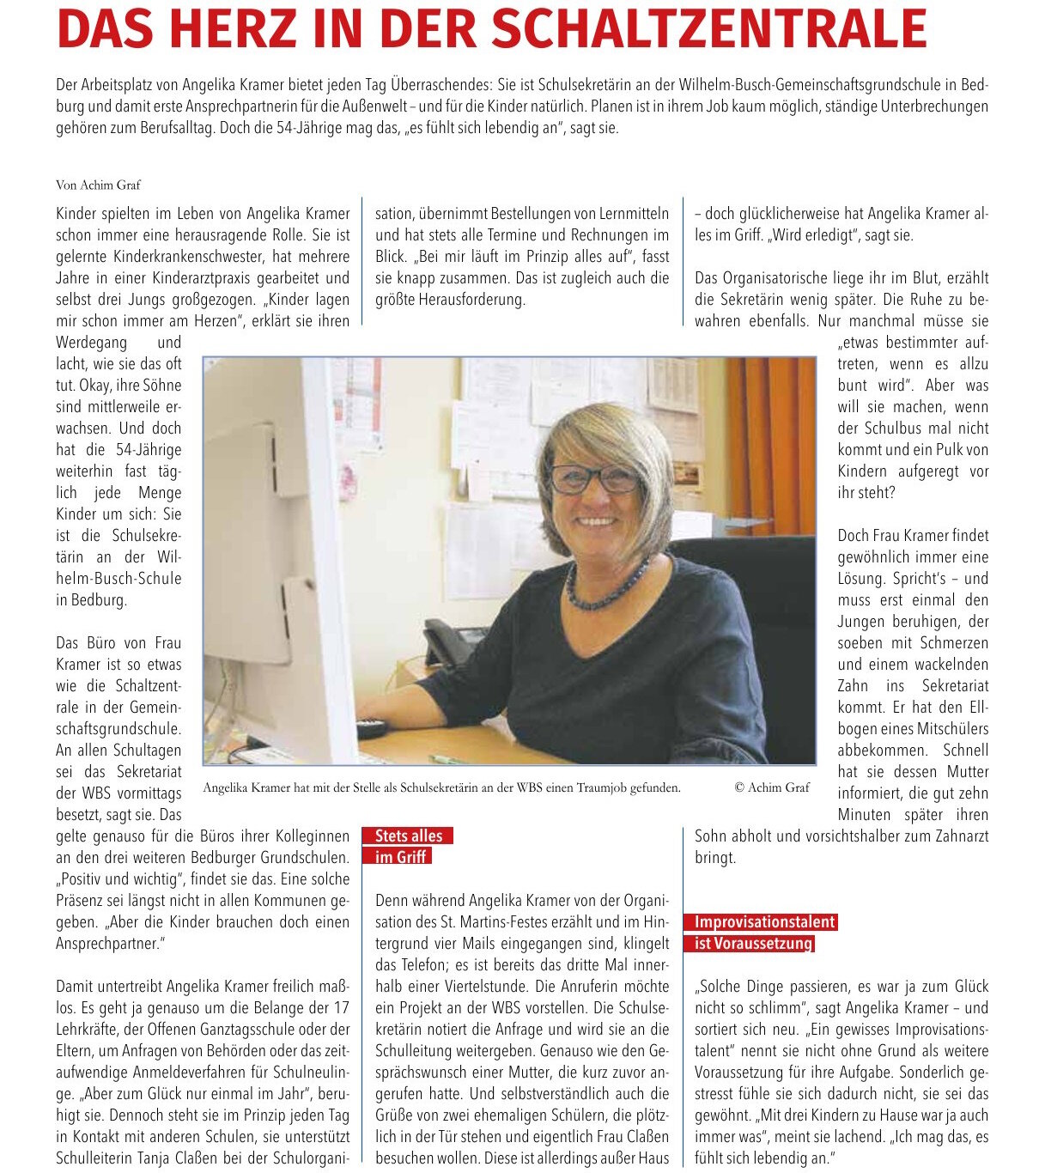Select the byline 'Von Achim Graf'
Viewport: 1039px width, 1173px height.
point(98,185)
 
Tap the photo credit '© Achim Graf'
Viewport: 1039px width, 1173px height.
point(772,787)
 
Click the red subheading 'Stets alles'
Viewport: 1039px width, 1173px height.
point(409,836)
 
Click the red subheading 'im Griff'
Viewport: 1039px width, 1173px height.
point(400,857)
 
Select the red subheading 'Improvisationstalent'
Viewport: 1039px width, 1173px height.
point(764,921)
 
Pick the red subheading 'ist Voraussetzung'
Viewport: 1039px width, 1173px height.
point(753,943)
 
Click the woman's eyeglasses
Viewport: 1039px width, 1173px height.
point(594,477)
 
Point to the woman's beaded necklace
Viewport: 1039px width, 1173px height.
point(606,588)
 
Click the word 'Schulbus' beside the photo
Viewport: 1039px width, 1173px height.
point(885,428)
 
